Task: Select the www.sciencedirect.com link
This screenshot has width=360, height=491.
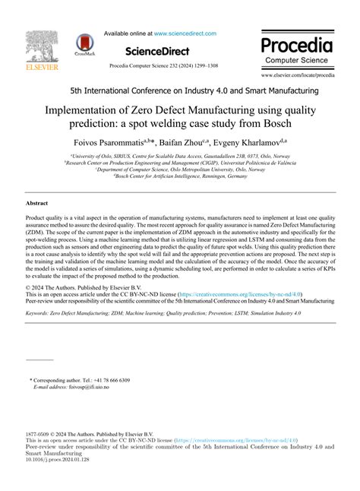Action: (x=185, y=33)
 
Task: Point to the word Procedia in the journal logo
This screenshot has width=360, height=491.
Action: (x=298, y=43)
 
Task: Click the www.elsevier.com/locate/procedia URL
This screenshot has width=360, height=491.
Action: (x=298, y=75)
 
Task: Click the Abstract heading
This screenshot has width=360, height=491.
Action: (x=37, y=204)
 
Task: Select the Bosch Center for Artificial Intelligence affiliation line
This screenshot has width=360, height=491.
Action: (x=180, y=176)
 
